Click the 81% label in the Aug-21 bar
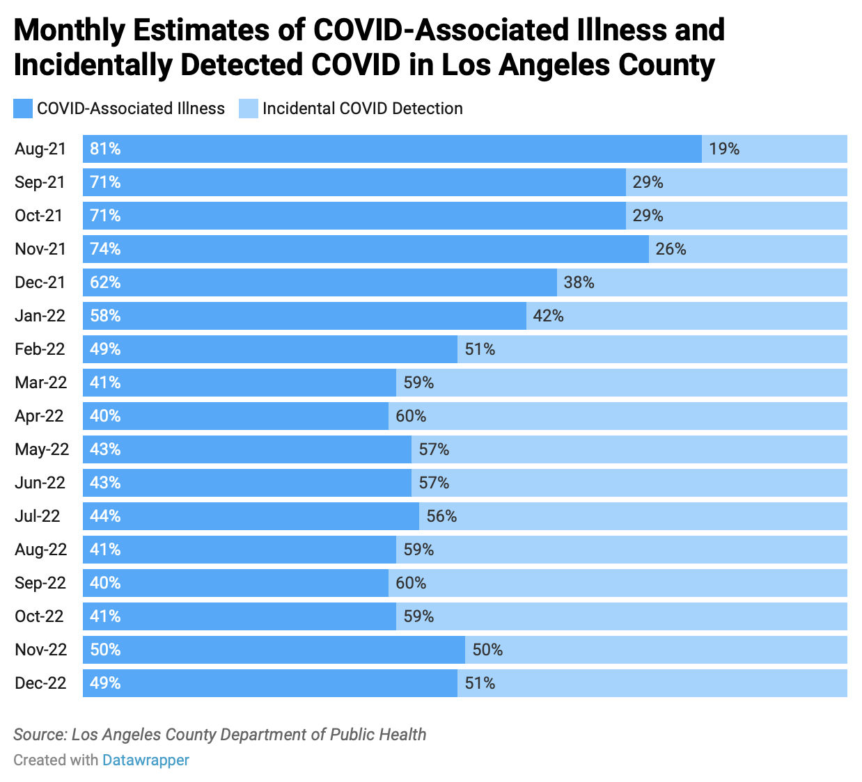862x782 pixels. (x=105, y=149)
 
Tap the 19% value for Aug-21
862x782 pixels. (x=723, y=149)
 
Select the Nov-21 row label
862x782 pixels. (x=40, y=249)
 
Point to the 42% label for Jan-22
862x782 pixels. (x=548, y=316)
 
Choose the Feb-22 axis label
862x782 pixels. (x=40, y=349)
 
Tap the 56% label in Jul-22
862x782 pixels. (x=441, y=516)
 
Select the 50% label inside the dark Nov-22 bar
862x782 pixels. (x=105, y=650)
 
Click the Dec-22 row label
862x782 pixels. (x=40, y=683)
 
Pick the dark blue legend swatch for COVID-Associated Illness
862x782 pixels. (x=23, y=109)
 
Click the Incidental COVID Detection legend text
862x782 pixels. (x=362, y=109)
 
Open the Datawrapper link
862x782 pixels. (x=146, y=760)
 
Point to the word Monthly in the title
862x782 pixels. (x=69, y=31)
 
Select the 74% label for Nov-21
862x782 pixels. (x=105, y=249)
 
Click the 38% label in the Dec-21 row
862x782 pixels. (x=579, y=282)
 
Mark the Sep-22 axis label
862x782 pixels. (x=40, y=583)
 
